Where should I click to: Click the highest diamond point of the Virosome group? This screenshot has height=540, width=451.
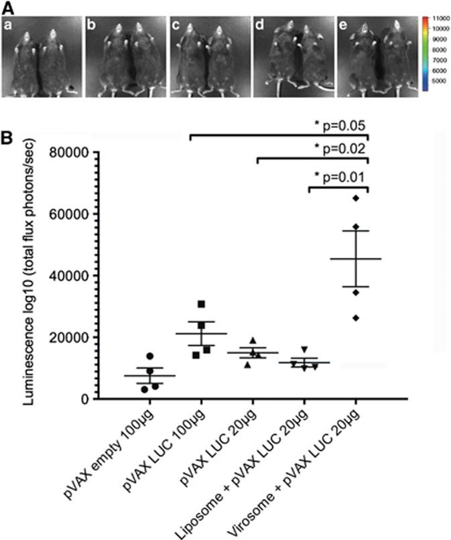[357, 198]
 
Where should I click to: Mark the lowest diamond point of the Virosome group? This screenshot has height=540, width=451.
[357, 318]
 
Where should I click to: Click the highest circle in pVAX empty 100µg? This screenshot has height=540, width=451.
[150, 356]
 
